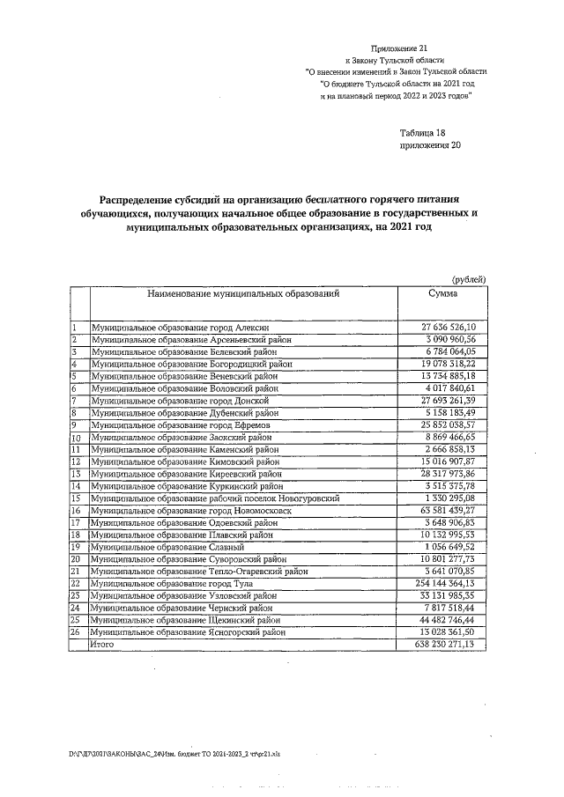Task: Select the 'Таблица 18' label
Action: (x=424, y=131)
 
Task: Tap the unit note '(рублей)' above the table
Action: (x=468, y=278)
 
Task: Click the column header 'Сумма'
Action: (x=443, y=293)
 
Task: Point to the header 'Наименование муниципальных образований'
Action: (x=243, y=293)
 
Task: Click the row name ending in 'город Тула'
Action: (x=176, y=583)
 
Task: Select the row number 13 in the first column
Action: (x=76, y=473)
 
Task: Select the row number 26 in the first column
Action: (x=76, y=631)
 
